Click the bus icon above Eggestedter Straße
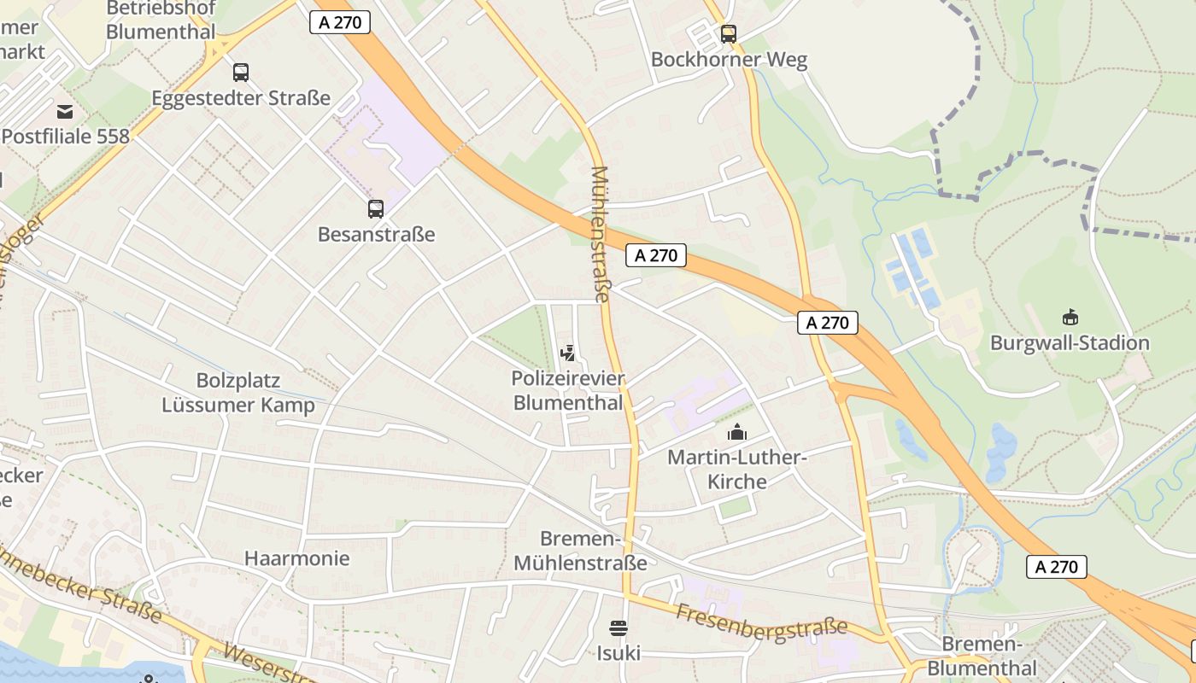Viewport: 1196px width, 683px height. pyautogui.click(x=241, y=73)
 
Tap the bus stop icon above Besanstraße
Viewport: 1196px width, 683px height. pyautogui.click(x=376, y=208)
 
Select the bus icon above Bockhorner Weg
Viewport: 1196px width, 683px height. pyautogui.click(x=728, y=34)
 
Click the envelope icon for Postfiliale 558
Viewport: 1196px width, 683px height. pyautogui.click(x=65, y=111)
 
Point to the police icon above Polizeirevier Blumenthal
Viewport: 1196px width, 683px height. pyautogui.click(x=568, y=353)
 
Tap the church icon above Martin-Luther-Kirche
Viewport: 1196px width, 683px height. pyautogui.click(x=736, y=433)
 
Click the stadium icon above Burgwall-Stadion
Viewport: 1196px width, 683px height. pyautogui.click(x=1070, y=318)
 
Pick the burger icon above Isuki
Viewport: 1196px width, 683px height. pyautogui.click(x=619, y=629)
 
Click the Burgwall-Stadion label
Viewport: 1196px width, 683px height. pyautogui.click(x=1070, y=343)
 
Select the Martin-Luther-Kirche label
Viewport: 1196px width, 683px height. pyautogui.click(x=736, y=470)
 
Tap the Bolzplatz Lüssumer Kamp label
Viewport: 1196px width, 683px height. pyautogui.click(x=238, y=393)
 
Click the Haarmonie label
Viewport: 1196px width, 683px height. pyautogui.click(x=296, y=558)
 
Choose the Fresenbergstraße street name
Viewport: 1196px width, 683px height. pyautogui.click(x=761, y=622)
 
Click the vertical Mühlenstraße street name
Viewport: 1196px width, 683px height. pyautogui.click(x=601, y=235)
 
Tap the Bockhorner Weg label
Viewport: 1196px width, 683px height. pyautogui.click(x=729, y=60)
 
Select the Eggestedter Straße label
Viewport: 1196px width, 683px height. pyautogui.click(x=241, y=98)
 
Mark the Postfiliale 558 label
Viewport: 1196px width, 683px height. pyautogui.click(x=66, y=136)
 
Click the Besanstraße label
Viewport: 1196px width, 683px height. pyautogui.click(x=376, y=234)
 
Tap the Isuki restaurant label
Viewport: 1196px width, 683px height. pyautogui.click(x=619, y=653)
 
